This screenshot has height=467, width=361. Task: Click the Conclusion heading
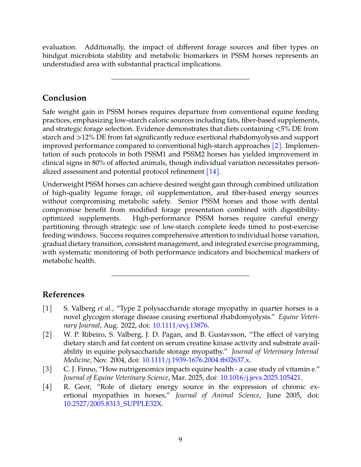64,98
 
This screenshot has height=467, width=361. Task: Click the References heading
63,295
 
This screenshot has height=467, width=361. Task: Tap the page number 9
180,440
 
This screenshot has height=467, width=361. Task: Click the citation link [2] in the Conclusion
276,146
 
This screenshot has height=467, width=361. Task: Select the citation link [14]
213,171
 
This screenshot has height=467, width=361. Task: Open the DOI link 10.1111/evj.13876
180,325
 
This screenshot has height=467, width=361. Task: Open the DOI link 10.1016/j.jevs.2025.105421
260,378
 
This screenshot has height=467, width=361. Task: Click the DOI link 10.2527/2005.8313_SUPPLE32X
112,404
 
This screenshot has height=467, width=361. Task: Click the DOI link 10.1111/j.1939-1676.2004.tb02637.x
196,360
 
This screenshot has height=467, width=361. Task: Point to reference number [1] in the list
47,308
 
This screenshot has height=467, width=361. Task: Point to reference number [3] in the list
47,369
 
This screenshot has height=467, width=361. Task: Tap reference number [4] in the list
47,387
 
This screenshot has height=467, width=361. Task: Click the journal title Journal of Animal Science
217,395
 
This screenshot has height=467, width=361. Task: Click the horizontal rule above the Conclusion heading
180,79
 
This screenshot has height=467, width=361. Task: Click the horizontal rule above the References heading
180,276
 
